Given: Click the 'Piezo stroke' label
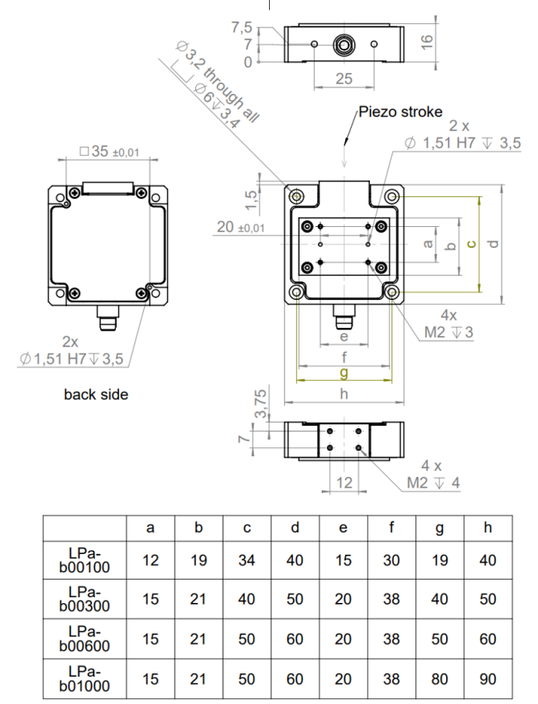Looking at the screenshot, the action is pos(401,111).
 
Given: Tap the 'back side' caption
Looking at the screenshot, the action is pos(96,394).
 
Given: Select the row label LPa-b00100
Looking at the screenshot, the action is pos(84,560).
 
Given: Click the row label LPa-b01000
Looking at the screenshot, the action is pos(84,678).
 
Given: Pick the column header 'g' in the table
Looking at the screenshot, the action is pos(440,528).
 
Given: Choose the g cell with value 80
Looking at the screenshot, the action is pos(440,679).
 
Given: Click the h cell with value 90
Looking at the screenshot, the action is pos(488,679).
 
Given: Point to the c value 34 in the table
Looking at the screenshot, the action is pos(247,561).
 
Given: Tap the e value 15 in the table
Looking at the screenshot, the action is pos(343,561).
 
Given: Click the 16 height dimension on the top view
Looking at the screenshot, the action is pos(426,41).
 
